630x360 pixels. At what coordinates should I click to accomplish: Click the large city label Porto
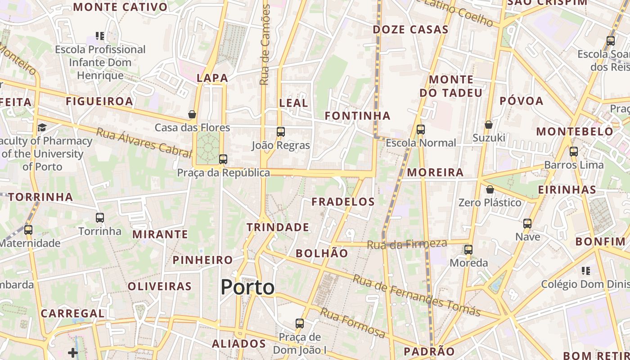coord(247,288)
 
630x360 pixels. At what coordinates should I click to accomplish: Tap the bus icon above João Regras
coord(281,132)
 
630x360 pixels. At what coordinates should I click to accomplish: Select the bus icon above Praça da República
coord(223,159)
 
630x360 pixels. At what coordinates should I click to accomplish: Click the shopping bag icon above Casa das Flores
coord(192,115)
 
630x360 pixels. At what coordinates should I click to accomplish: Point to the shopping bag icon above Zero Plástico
coord(490,190)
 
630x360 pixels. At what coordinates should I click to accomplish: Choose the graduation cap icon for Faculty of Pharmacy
coord(42,128)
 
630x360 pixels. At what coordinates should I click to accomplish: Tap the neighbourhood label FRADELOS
coord(343,202)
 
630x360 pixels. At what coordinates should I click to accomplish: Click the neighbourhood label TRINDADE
coord(278,227)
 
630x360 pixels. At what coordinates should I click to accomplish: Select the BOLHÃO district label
coord(322,253)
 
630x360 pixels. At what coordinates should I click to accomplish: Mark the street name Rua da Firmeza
coord(407,244)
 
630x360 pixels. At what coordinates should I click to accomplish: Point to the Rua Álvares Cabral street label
coord(144,142)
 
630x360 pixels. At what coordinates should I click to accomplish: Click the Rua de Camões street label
coord(265,45)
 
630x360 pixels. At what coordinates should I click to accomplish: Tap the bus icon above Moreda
coord(468,250)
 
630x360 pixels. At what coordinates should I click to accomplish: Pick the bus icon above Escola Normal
coord(421,130)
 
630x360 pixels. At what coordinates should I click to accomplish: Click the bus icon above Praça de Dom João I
coord(300,324)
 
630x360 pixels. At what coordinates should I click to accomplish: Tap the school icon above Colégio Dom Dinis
coord(585,271)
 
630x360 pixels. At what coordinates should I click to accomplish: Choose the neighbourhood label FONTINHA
coord(357,116)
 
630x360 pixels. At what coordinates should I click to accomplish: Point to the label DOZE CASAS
coord(410,30)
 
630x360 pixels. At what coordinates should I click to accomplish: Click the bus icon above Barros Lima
coord(574,152)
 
